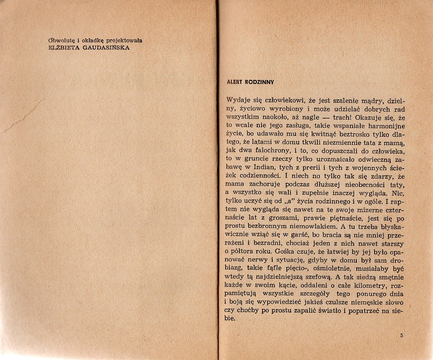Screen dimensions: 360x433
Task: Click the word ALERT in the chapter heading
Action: pyautogui.click(x=234, y=82)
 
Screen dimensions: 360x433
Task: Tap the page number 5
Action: pyautogui.click(x=402, y=335)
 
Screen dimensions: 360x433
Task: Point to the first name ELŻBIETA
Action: pyautogui.click(x=63, y=48)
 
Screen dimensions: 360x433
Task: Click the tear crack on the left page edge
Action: pyautogui.click(x=22, y=117)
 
